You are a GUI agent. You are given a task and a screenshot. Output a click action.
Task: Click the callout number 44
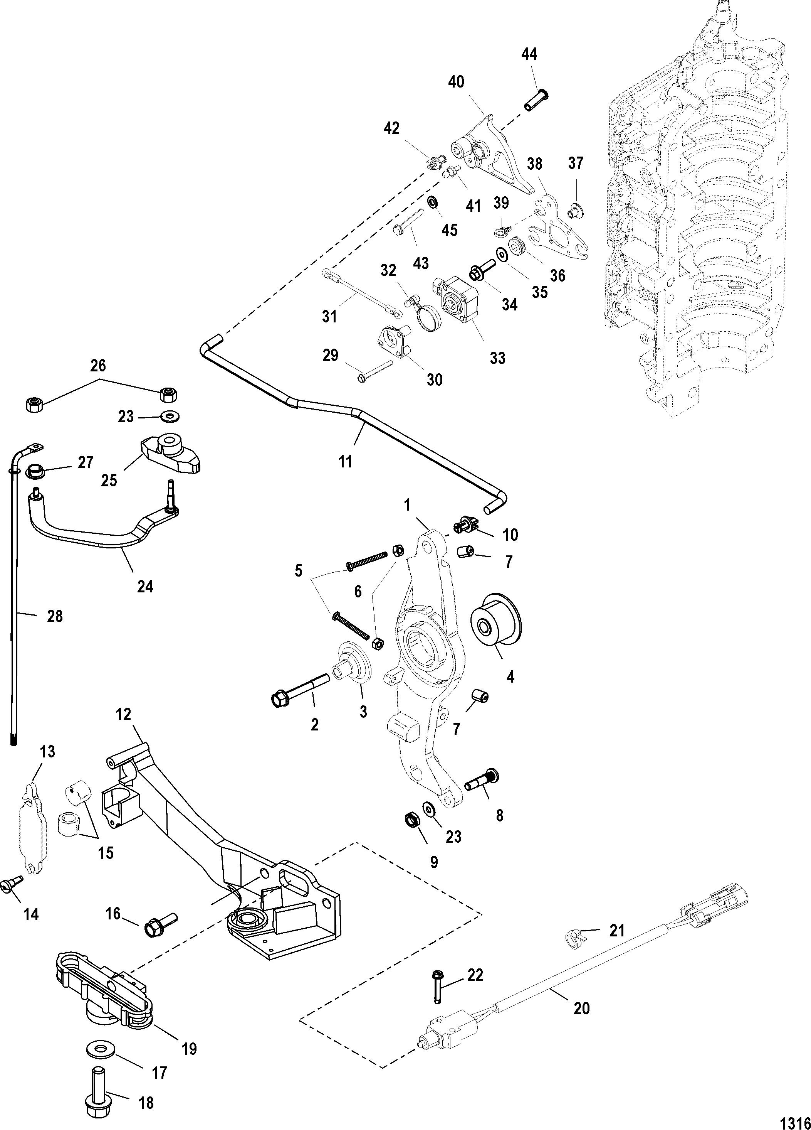tap(529, 54)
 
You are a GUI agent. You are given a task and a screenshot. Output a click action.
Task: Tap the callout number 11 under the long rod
tap(346, 462)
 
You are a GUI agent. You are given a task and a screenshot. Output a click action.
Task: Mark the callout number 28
tap(55, 616)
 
